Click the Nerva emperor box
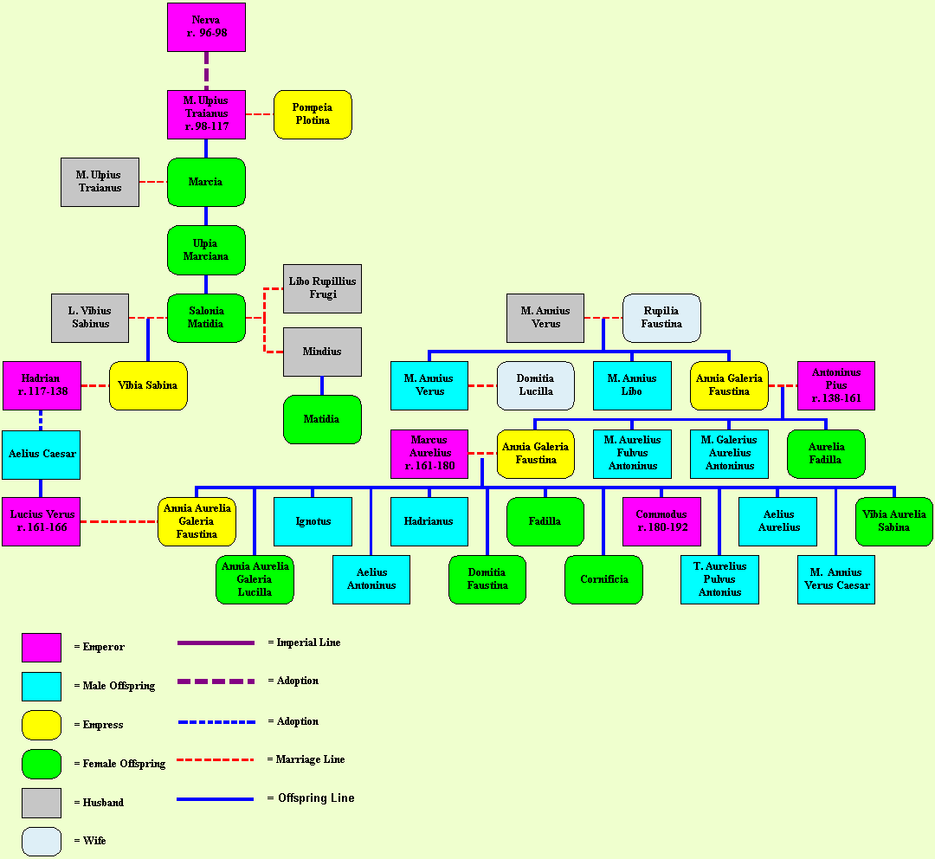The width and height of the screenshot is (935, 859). point(206,27)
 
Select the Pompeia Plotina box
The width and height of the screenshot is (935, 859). point(313,114)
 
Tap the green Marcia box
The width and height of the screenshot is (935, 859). point(206,182)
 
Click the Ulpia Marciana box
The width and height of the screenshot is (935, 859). point(206,250)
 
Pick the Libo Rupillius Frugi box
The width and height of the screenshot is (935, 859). point(322,288)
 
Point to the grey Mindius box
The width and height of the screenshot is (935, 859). point(322,352)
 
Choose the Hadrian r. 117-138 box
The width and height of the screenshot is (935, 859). point(42,385)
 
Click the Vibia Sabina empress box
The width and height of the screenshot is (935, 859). point(148,385)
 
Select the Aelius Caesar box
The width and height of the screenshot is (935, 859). point(41,455)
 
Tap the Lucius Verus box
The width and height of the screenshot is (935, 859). point(41,521)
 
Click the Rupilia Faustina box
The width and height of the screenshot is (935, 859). point(661,318)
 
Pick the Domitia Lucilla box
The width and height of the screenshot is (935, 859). point(535,385)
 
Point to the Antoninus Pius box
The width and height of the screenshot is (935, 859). point(835,385)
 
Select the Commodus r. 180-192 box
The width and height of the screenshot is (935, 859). point(661,521)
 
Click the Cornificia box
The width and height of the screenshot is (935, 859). point(603,579)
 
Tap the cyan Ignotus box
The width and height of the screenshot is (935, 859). point(313,521)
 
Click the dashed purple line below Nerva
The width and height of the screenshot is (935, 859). point(206,70)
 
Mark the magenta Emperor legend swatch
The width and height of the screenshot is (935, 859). point(42,647)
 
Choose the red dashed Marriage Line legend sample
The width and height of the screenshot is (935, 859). point(215,759)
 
